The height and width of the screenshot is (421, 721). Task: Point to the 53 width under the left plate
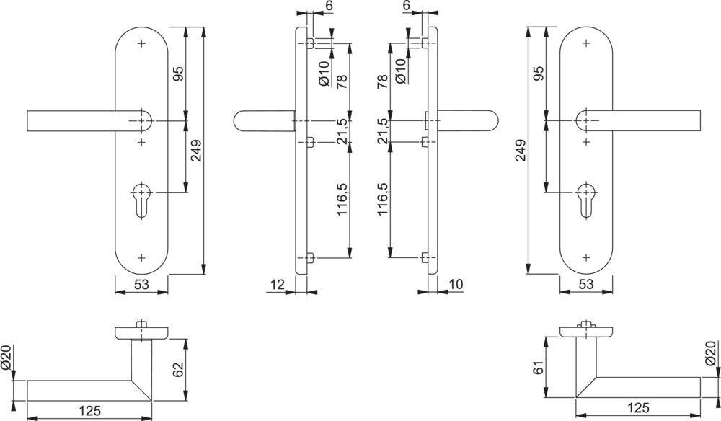141,285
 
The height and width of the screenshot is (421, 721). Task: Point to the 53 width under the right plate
585,285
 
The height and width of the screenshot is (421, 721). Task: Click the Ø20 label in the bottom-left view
8,358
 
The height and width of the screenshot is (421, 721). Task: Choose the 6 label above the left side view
328,6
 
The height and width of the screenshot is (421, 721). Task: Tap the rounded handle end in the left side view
240,120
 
